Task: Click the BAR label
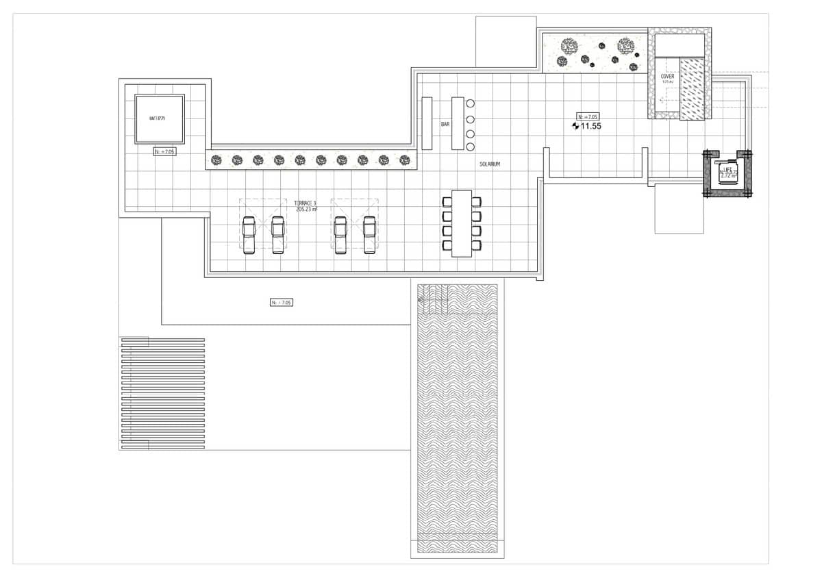(x=445, y=125)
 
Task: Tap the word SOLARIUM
(x=490, y=165)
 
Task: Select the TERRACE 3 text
(x=305, y=203)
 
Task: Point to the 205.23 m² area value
(x=306, y=210)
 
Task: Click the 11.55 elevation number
(x=590, y=126)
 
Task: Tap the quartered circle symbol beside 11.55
(x=575, y=126)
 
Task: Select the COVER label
(x=667, y=77)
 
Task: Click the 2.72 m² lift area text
(x=728, y=176)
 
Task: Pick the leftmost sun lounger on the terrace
(x=249, y=235)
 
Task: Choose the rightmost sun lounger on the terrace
(x=370, y=235)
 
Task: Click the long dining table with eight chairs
(x=462, y=223)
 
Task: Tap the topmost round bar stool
(x=471, y=104)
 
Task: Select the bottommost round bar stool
(x=471, y=147)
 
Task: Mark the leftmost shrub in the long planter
(x=216, y=160)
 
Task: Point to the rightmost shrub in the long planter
(x=404, y=160)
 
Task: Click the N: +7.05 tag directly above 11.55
(x=588, y=116)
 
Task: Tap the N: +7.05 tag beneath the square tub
(x=164, y=151)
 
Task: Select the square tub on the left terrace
(x=160, y=118)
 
